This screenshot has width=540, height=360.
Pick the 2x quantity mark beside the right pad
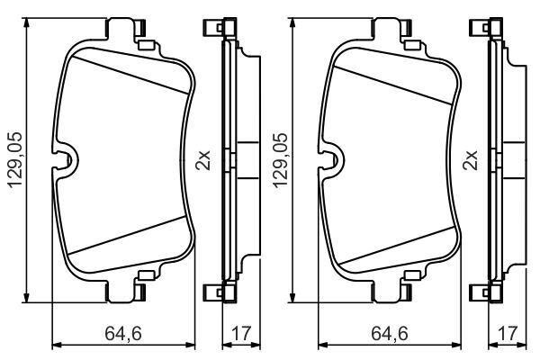click(x=471, y=160)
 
